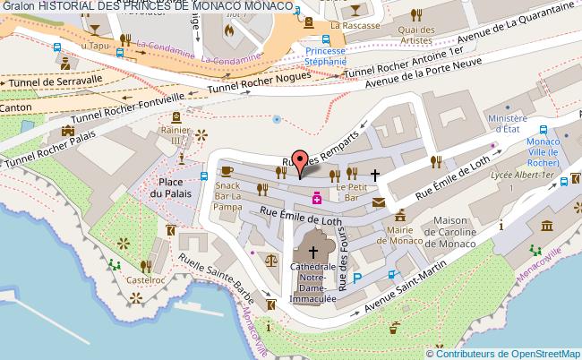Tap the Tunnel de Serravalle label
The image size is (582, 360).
tap(41, 81)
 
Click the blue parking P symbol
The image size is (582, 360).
tap(357, 279)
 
